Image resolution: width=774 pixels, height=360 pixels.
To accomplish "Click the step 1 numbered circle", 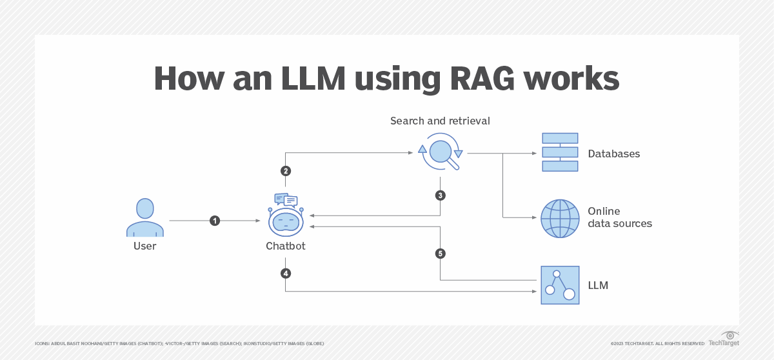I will pos(215,221).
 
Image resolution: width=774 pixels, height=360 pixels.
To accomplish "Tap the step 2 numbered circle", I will pos(286,171).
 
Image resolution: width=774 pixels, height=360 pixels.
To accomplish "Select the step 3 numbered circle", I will pos(441,195).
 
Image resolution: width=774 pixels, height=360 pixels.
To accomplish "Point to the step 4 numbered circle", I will pos(286,274).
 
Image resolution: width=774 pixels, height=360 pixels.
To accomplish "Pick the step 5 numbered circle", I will pos(441,254).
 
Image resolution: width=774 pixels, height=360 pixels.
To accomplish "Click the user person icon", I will pos(145,217).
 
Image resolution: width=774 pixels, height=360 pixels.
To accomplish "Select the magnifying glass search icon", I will pos(441,152).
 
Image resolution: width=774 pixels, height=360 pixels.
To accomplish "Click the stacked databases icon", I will pos(560,152).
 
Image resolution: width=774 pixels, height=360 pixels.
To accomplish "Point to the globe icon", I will pos(560,218).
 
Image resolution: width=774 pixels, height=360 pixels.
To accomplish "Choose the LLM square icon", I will pos(560,285).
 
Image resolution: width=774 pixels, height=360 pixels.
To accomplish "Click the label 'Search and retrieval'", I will pos(440,121).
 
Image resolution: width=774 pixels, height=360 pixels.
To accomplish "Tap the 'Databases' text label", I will pos(613,154).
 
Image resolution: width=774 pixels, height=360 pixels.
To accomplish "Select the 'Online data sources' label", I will pos(619,217).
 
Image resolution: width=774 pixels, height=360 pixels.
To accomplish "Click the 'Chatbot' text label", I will pos(286,246).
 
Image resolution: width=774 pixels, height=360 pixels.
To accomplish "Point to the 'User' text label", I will pos(145,246).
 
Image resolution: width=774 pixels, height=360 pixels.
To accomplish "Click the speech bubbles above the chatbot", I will pos(286,200).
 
